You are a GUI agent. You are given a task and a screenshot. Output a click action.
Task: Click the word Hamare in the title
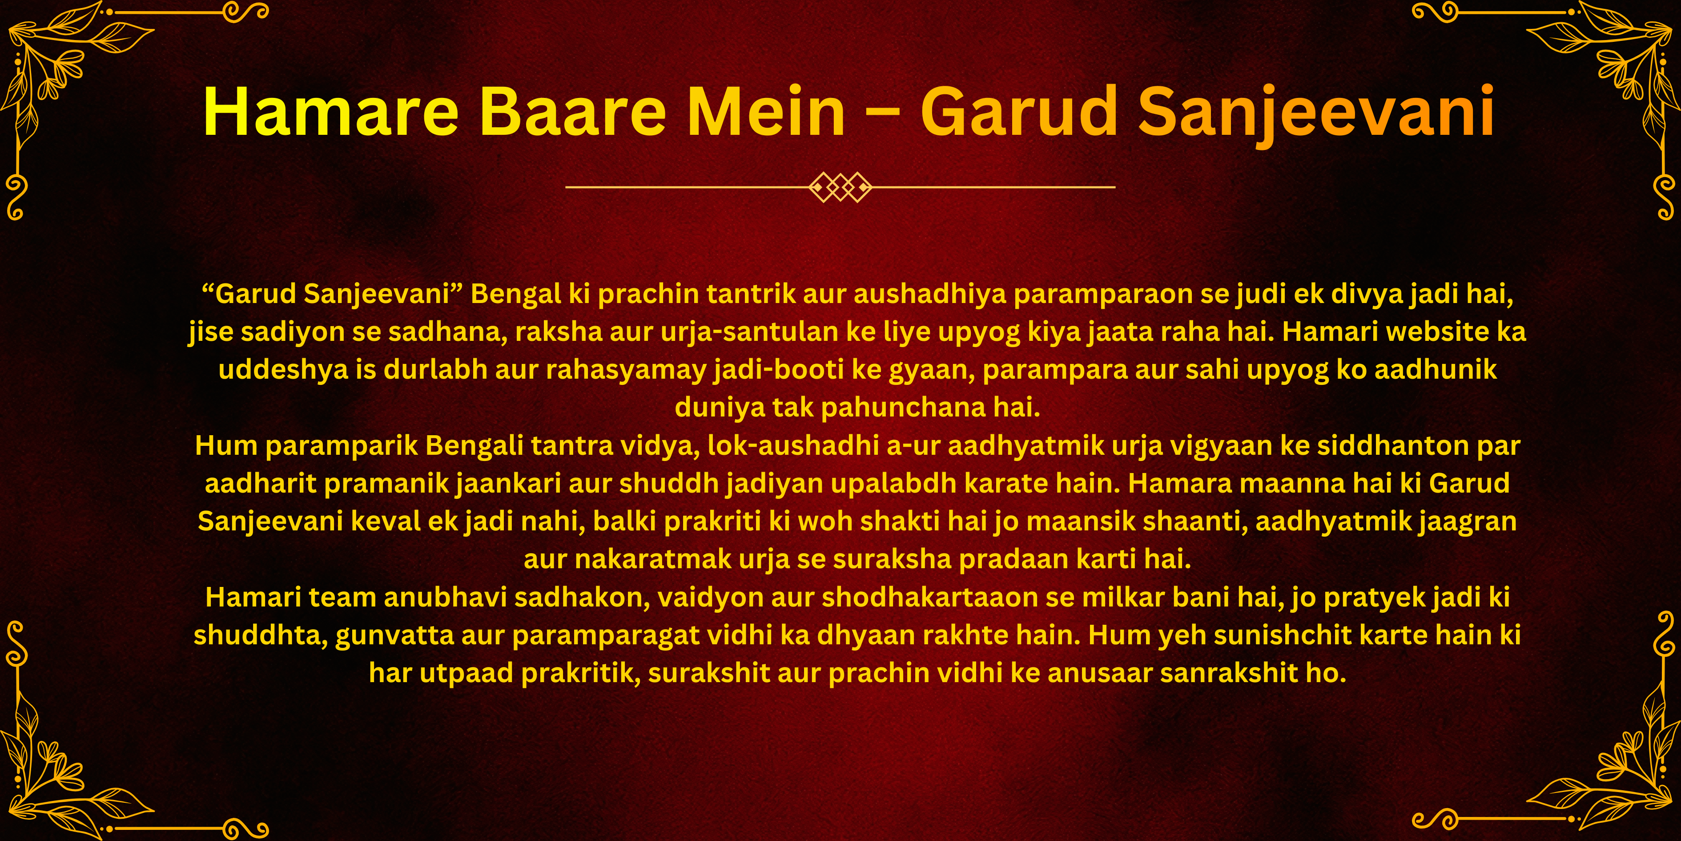[331, 111]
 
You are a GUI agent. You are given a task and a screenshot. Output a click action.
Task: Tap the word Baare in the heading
[573, 111]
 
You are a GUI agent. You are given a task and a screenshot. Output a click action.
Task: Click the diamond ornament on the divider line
[840, 187]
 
